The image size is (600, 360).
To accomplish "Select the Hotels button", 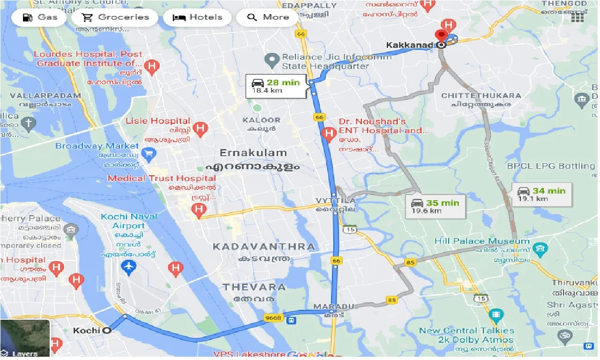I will click(x=197, y=17).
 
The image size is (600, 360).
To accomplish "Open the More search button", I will click(x=268, y=17).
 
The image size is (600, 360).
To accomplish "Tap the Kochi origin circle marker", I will click(x=107, y=330).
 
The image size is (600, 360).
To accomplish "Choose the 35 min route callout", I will click(x=435, y=206).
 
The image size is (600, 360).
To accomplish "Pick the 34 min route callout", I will click(x=541, y=194).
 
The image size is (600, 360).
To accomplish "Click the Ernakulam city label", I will click(x=253, y=153).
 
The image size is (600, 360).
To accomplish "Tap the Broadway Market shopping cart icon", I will click(x=149, y=153).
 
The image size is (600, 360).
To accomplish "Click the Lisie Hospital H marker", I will click(x=201, y=128).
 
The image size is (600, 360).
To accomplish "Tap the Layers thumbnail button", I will click(x=25, y=338).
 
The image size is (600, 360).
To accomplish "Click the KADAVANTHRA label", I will click(x=264, y=247).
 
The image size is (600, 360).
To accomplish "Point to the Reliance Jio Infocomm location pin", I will click(x=271, y=60).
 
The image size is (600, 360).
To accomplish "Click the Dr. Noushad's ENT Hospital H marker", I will click(x=329, y=135).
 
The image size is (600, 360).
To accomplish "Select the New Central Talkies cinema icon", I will click(x=496, y=315).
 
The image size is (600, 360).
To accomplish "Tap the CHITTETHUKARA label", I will click(x=481, y=96).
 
